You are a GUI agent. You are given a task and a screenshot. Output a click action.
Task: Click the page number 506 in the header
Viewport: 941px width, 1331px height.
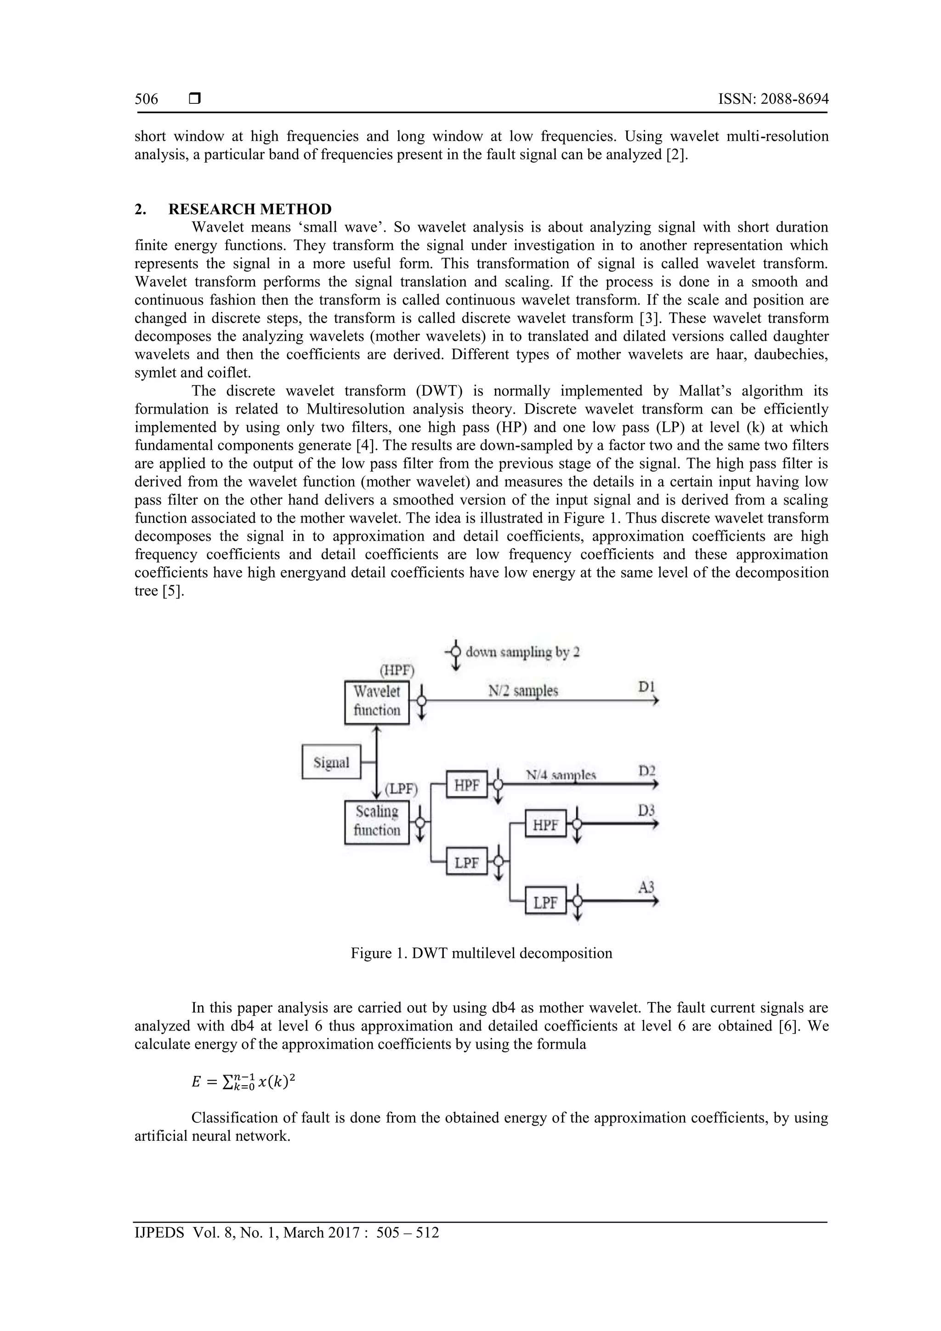(x=146, y=99)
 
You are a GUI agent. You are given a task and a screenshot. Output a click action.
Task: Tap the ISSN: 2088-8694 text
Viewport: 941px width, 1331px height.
(x=773, y=99)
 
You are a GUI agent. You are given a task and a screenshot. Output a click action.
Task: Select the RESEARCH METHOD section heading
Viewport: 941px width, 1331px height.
(x=250, y=209)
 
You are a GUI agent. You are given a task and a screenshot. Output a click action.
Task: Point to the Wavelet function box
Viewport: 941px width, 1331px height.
(x=377, y=702)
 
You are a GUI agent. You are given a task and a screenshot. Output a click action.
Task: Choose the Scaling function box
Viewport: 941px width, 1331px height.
(x=377, y=821)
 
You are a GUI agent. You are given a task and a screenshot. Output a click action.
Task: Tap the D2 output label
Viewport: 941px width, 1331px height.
(x=646, y=771)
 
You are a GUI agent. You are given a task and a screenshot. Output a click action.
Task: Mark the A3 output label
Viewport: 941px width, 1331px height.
(x=646, y=887)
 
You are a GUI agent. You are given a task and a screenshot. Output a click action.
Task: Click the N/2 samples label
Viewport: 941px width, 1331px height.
(x=523, y=691)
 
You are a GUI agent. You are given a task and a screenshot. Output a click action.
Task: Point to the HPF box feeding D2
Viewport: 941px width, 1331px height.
(x=467, y=785)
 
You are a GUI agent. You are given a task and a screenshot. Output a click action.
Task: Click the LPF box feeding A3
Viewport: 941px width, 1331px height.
(x=545, y=903)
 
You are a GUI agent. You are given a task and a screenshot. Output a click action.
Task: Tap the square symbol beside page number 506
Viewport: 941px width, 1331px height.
(x=195, y=99)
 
